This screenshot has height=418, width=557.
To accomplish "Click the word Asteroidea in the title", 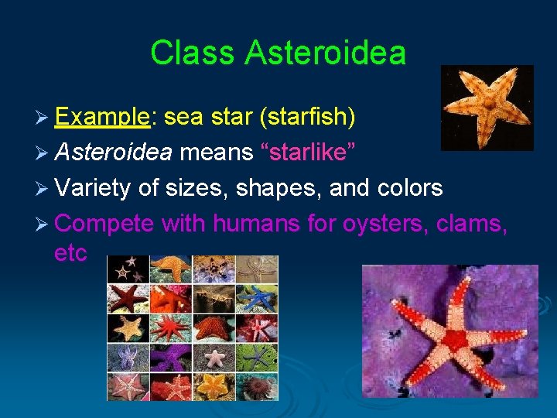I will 325,53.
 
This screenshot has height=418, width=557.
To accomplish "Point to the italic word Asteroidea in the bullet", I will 114,152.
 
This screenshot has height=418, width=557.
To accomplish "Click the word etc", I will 71,253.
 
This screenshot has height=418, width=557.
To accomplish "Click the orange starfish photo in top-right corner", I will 487,107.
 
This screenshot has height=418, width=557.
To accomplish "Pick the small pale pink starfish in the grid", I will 214,357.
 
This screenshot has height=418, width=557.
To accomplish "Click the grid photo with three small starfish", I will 128,268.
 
